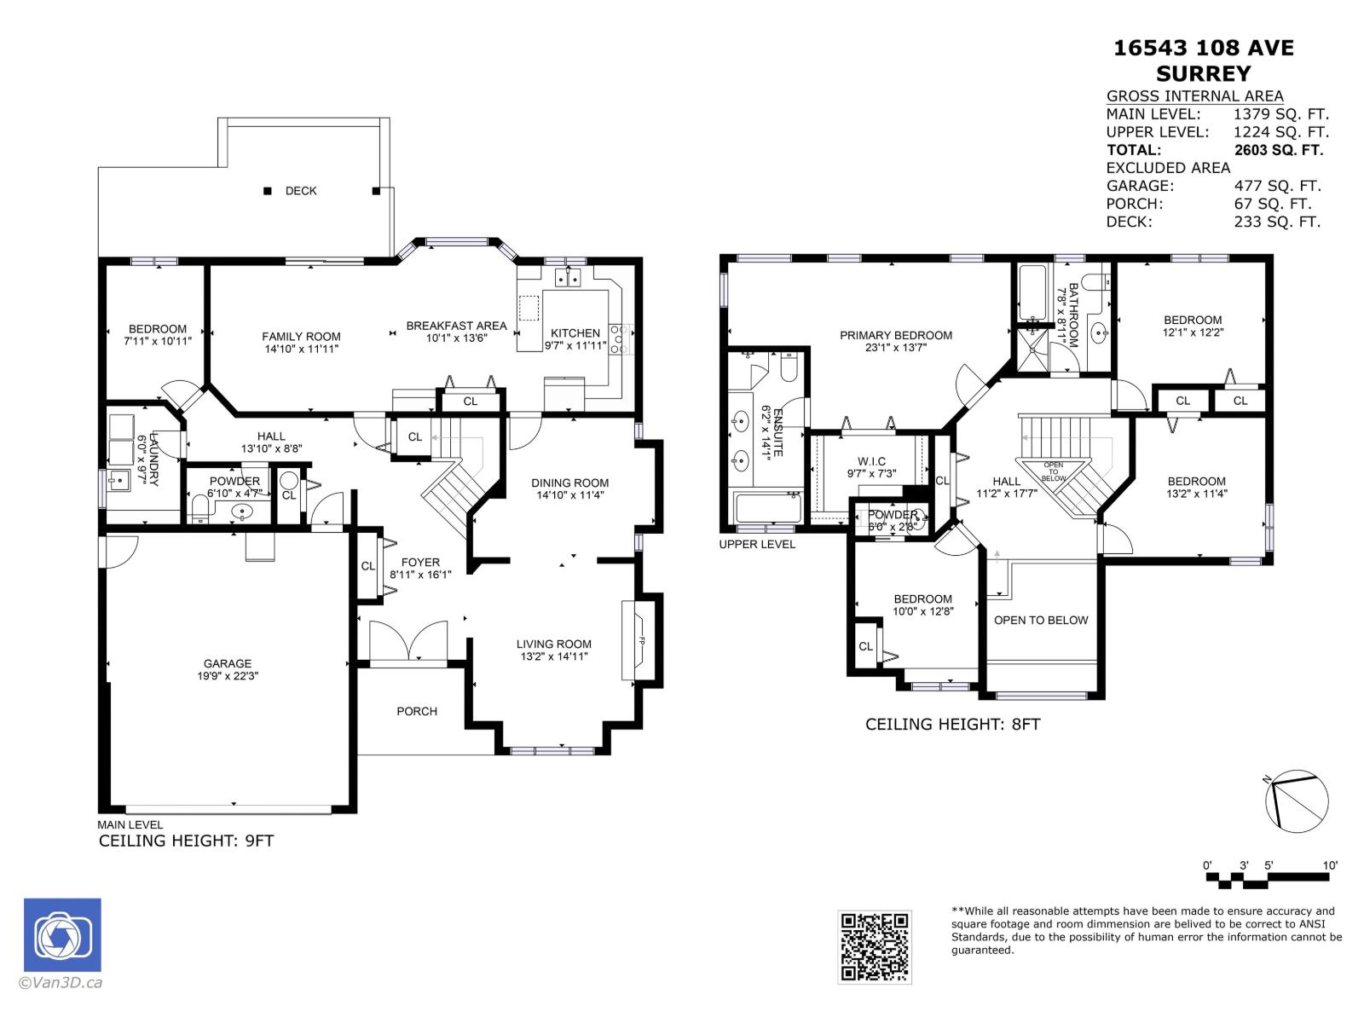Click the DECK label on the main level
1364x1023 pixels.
tap(301, 191)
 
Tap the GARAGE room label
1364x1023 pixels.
tap(228, 663)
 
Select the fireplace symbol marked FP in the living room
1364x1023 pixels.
tap(640, 641)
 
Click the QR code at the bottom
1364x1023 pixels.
tap(875, 946)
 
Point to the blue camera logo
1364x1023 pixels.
tap(62, 935)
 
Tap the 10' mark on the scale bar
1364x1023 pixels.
tap(1330, 865)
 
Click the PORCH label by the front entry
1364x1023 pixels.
tap(417, 711)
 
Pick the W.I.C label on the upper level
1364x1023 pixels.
tap(872, 461)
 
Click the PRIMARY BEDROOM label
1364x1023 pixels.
tap(896, 335)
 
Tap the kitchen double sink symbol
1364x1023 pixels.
tap(568, 277)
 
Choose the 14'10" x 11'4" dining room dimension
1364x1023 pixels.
tap(570, 495)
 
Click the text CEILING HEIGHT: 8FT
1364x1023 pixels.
tap(952, 725)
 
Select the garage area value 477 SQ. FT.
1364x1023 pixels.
tap(1277, 186)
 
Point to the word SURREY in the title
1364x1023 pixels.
tap(1204, 73)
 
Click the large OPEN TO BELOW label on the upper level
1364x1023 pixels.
tap(1041, 620)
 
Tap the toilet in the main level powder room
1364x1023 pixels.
tap(202, 511)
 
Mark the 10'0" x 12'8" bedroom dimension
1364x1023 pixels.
tap(923, 611)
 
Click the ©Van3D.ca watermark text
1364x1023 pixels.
tap(61, 983)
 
